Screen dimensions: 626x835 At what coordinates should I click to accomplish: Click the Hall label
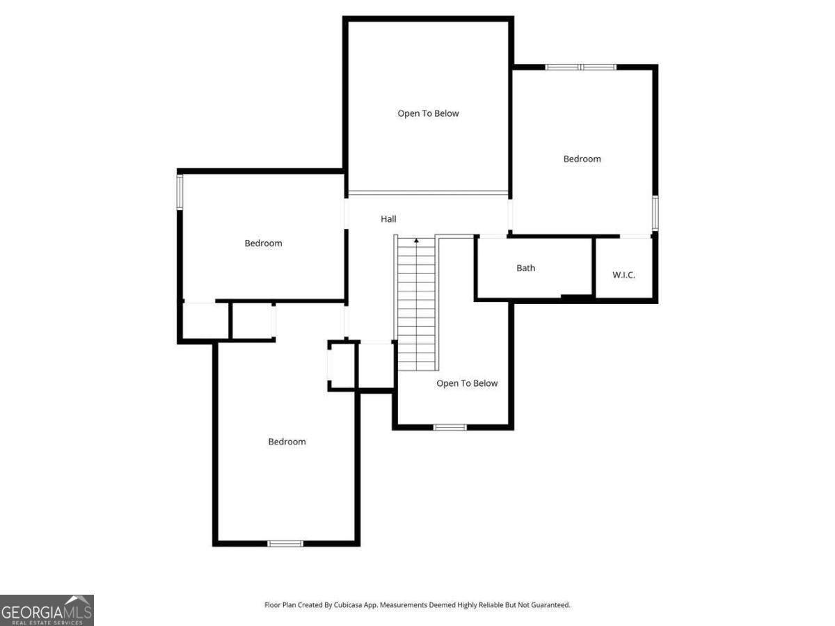tap(388, 219)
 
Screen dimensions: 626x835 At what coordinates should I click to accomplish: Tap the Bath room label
tap(526, 268)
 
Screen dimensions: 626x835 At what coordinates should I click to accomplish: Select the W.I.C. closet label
tap(623, 275)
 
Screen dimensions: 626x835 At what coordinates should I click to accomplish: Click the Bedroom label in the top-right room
tap(582, 159)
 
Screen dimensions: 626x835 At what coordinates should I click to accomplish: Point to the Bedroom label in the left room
tap(263, 243)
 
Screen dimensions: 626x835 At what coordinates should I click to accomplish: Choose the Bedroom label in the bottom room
tap(287, 442)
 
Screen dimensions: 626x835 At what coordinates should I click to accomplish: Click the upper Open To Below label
tap(428, 113)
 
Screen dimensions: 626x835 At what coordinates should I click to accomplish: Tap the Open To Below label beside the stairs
tap(467, 383)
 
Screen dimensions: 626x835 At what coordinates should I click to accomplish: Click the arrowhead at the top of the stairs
tap(417, 241)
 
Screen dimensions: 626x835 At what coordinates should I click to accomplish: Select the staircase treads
tap(416, 306)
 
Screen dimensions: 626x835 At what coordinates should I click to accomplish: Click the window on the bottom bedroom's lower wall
tap(285, 543)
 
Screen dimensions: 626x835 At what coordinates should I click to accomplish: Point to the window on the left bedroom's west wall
tap(180, 191)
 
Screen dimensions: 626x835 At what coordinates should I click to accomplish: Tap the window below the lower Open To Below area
tap(450, 426)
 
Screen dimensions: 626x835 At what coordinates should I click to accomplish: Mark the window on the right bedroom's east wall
tap(655, 212)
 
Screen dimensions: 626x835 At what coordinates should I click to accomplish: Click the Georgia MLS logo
tap(47, 610)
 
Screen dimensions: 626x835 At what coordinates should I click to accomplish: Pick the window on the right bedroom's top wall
tap(581, 67)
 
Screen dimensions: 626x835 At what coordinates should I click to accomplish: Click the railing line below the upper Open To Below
tap(428, 193)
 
